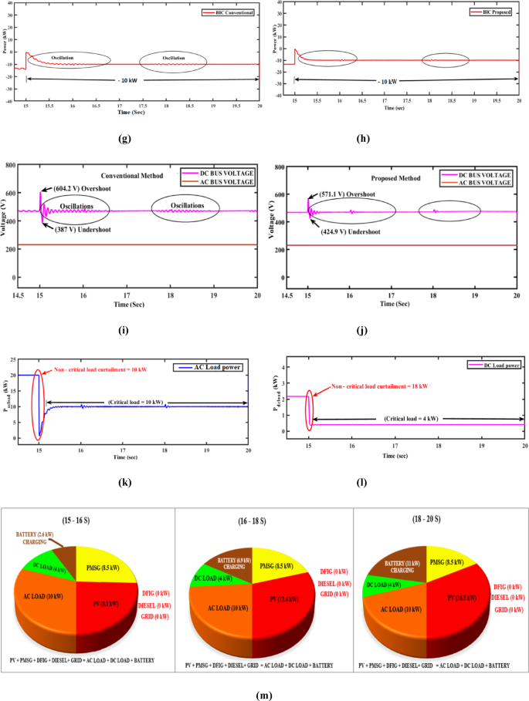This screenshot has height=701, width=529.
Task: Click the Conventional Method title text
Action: [132, 176]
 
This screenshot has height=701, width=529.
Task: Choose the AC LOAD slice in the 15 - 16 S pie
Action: [50, 602]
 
